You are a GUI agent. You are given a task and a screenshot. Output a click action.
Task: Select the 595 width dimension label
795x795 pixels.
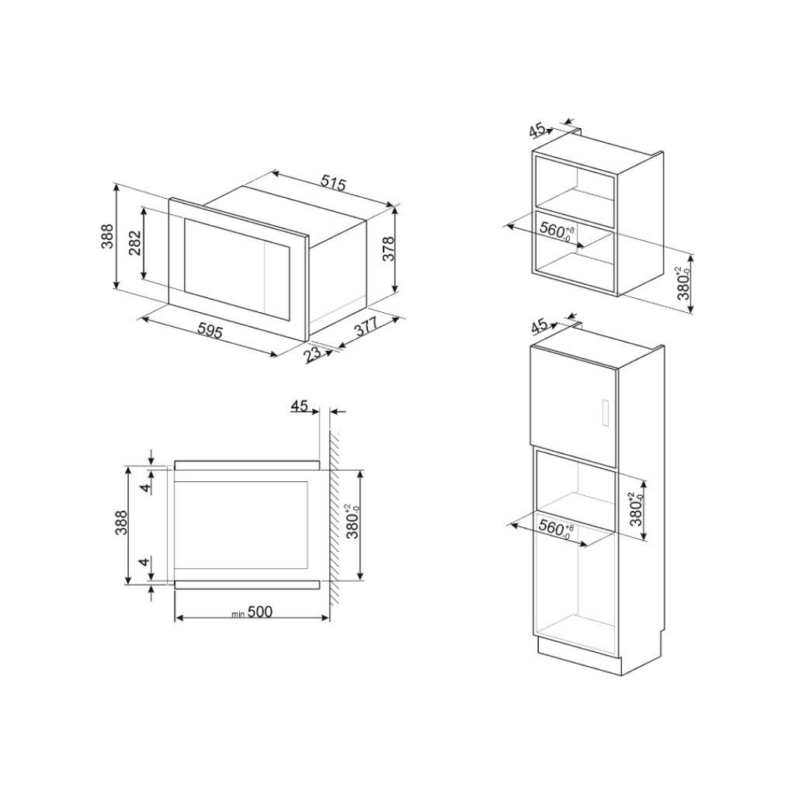pyautogui.click(x=210, y=332)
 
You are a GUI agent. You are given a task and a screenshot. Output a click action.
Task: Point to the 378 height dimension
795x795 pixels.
pyautogui.click(x=390, y=248)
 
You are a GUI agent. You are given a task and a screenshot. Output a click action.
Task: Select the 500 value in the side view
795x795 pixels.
pyautogui.click(x=261, y=612)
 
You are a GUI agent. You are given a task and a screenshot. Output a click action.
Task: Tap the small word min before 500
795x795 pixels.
pyautogui.click(x=238, y=614)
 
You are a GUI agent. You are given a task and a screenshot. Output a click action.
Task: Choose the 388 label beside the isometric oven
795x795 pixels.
pyautogui.click(x=107, y=236)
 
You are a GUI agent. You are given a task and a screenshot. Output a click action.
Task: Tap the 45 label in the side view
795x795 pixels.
pyautogui.click(x=300, y=405)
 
